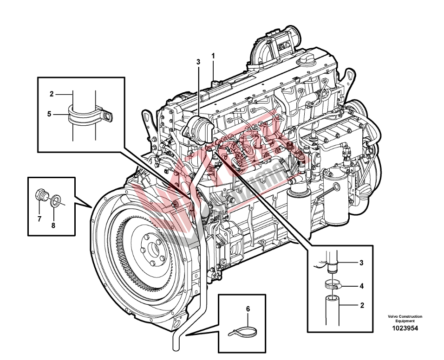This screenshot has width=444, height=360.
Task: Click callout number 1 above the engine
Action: coord(213,56)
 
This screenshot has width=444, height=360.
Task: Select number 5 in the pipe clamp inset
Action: coord(49,114)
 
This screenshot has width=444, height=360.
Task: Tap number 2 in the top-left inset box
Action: coord(52,94)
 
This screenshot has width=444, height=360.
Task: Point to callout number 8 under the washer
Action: coord(53,225)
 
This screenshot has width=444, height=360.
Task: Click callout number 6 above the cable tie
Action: coord(248,309)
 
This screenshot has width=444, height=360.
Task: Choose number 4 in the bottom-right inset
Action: coord(361,286)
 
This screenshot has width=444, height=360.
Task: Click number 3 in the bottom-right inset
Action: coord(361,263)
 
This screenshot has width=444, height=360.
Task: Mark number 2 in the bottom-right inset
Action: coord(362,305)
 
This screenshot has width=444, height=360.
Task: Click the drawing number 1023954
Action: coord(405,328)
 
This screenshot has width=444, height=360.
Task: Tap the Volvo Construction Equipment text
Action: coord(405,319)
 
